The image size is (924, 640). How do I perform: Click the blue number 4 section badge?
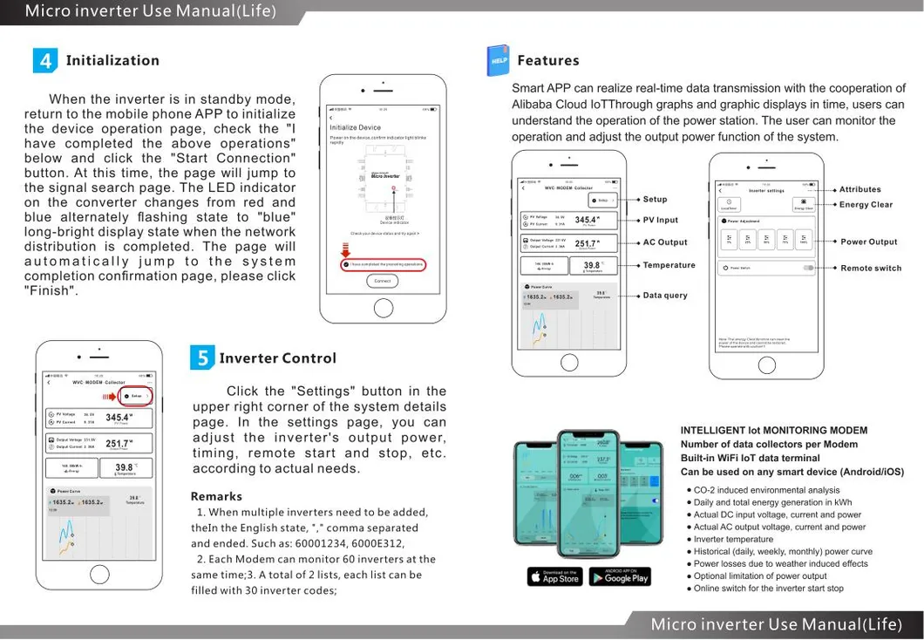coord(45,60)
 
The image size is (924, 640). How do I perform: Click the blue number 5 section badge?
coord(202,357)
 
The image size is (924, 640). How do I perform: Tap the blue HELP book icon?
coord(499,60)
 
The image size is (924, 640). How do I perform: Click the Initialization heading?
coord(112,60)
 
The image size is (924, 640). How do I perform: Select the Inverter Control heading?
coord(277,358)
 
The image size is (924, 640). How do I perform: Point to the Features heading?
coord(547,60)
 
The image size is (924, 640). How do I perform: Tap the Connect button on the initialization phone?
coord(383,281)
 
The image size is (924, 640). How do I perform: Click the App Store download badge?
coord(554,576)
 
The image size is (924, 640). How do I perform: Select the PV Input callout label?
coord(660,221)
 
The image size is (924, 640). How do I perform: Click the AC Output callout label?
coord(664,242)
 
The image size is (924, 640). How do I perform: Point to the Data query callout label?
coord(664,296)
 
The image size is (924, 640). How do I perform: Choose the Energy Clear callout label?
coord(866,205)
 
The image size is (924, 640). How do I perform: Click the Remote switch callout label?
coord(870,269)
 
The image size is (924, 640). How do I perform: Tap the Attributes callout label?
coord(859,189)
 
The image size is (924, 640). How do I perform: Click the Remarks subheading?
coord(216,496)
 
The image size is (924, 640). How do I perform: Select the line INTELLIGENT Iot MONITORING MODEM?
coord(773,430)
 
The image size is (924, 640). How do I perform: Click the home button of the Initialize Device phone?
coord(383,308)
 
